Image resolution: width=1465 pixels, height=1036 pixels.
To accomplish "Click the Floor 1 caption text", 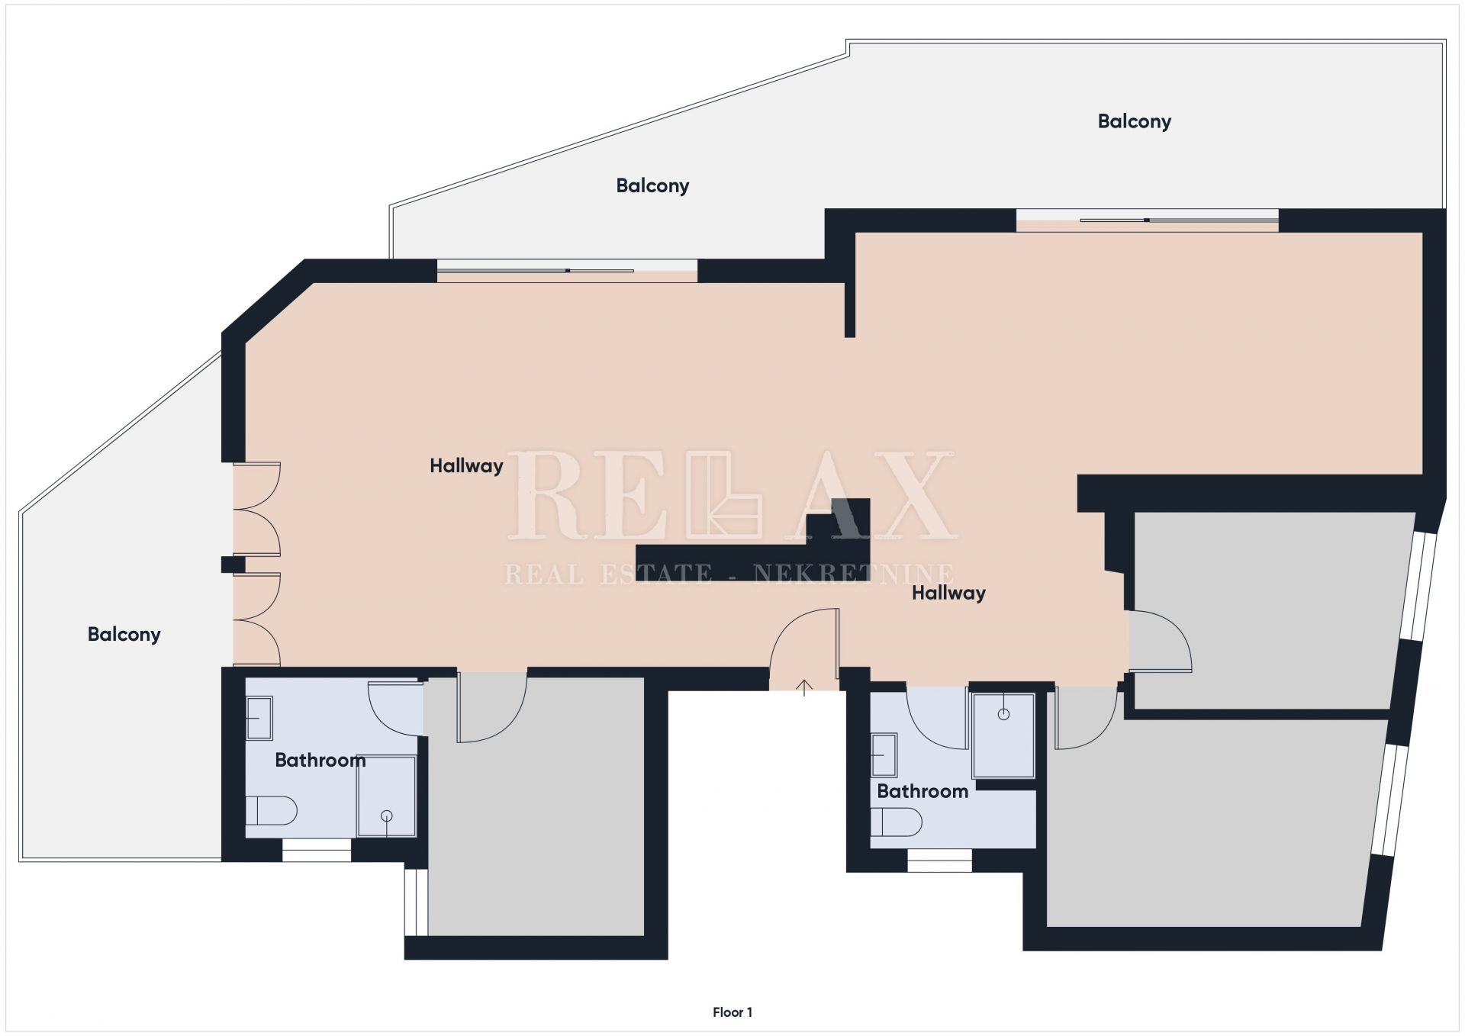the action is pos(732,1012).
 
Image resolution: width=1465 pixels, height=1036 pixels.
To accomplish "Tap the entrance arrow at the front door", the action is pos(804,687).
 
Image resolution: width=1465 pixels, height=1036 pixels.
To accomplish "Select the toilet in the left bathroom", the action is pos(271,811).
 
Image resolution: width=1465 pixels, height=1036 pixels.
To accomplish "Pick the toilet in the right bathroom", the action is pos(897,822).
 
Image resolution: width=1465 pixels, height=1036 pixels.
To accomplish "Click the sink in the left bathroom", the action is pos(259,718).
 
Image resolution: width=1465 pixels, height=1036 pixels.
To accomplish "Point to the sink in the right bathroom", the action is pos(884,755).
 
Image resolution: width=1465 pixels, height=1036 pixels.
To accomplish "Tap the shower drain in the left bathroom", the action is pos(387,816).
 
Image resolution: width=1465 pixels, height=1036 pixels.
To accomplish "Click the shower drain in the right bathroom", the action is pos(1003,714).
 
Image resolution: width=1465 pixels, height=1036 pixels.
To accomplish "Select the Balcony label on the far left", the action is pos(124,635).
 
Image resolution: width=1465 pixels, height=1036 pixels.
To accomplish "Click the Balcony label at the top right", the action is pos(1135,122).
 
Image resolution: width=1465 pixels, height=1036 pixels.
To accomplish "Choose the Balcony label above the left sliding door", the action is pos(652,186).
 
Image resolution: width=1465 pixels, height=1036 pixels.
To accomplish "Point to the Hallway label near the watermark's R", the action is pos(466,466).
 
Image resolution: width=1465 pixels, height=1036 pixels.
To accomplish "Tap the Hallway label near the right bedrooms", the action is pos(948,593).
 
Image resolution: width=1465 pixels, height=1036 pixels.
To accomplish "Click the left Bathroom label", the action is pos(320,760).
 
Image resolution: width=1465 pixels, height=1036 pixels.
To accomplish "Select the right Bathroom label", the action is pos(922,791).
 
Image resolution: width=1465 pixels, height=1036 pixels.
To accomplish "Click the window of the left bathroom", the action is pos(317,850).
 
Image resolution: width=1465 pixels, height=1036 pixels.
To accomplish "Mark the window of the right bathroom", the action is pos(939,861).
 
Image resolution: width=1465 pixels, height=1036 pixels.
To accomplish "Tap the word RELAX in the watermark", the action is pos(731,495).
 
